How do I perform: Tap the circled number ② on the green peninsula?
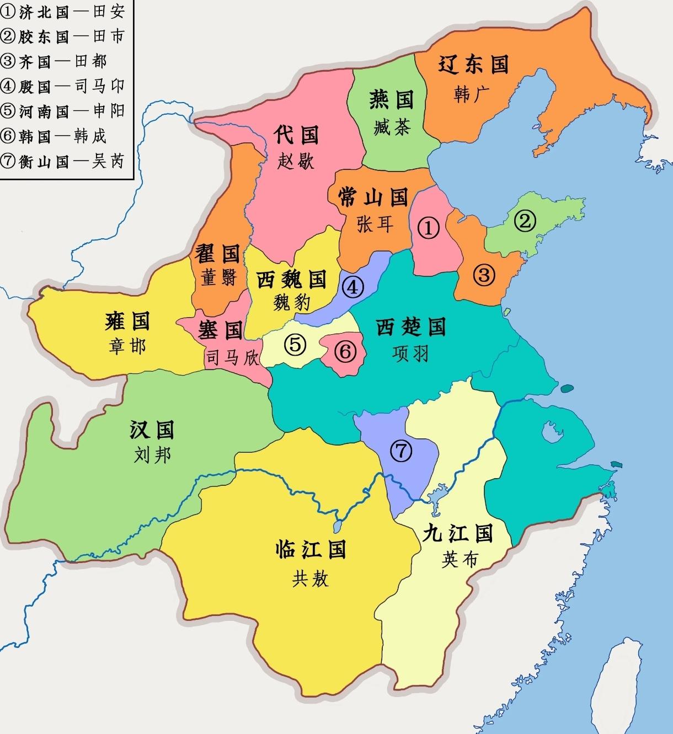(x=525, y=221)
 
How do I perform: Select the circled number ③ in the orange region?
(x=484, y=274)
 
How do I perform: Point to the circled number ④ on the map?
(x=353, y=287)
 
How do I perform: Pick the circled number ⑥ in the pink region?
(x=345, y=351)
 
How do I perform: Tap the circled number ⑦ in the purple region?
(x=401, y=451)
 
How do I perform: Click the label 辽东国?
(x=473, y=65)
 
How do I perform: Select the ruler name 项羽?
(x=410, y=353)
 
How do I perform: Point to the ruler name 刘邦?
(x=152, y=455)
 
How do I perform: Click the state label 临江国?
(x=311, y=549)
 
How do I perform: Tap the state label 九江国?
(x=458, y=533)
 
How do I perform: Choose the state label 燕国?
(x=391, y=100)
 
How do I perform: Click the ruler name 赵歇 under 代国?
(x=296, y=161)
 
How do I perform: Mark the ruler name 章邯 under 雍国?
(x=127, y=346)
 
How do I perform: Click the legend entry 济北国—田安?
(x=63, y=12)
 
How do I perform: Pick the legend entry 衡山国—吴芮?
(x=63, y=161)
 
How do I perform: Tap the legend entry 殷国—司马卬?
(x=63, y=86)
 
